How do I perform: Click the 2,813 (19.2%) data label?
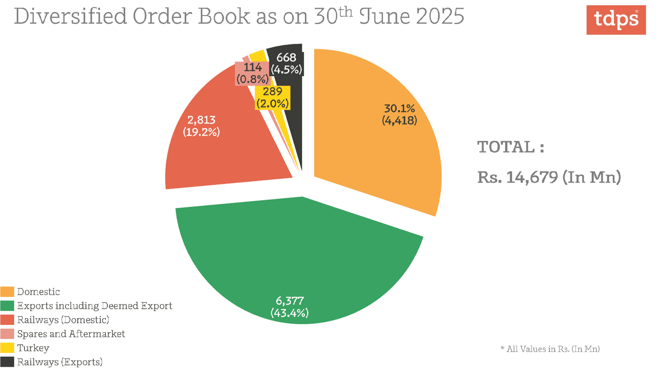point(201,126)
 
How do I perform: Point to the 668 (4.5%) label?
point(286,64)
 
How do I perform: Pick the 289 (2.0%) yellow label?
point(273,98)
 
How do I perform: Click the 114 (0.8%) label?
point(253,73)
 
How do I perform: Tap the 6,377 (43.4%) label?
point(289,306)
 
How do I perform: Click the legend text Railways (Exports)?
point(60,362)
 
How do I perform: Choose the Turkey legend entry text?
point(33,348)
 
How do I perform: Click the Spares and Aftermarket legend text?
point(71,334)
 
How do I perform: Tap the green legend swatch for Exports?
point(7,306)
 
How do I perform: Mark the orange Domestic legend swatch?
point(7,292)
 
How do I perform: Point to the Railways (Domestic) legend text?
point(63,320)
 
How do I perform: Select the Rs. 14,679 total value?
point(549,178)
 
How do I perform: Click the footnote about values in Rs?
point(550,349)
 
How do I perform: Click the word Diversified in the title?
point(71,16)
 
